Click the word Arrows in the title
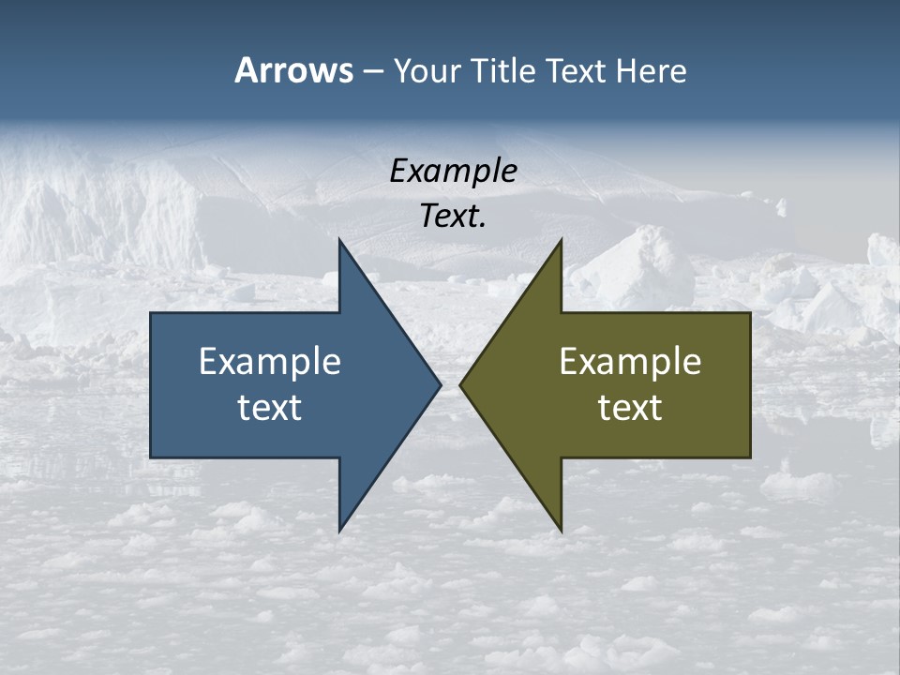tap(293, 70)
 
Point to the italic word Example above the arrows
tap(454, 171)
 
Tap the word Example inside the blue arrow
tap(270, 361)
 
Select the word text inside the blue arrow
tap(270, 407)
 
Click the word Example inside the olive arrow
tap(630, 361)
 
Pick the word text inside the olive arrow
tap(630, 407)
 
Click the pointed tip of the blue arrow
tap(441, 384)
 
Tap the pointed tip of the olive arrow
tap(459, 384)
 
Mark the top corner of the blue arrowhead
tap(339, 240)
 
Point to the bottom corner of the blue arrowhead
tap(339, 532)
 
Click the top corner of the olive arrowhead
tap(561, 240)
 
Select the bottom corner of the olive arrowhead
tap(561, 532)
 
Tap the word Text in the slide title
tap(578, 70)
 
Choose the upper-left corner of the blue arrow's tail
tap(151, 313)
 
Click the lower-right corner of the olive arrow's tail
tap(750, 457)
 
